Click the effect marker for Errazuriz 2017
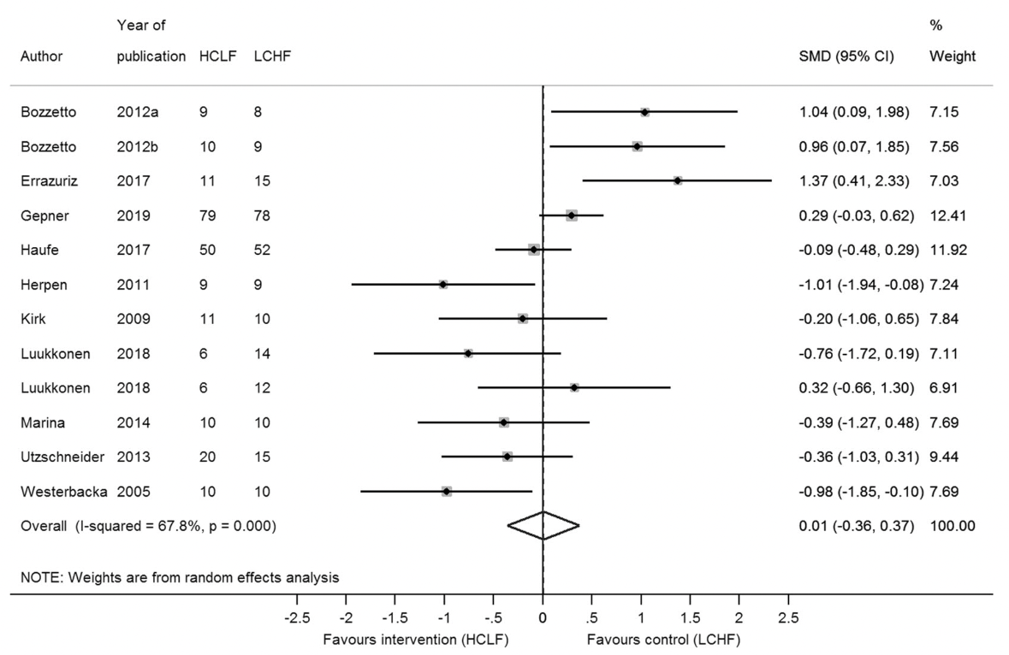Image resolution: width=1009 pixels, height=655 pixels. click(x=677, y=180)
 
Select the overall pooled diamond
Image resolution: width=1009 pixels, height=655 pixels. click(x=543, y=525)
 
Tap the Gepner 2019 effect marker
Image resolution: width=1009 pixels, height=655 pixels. click(x=572, y=215)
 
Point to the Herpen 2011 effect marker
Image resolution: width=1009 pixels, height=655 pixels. click(x=443, y=284)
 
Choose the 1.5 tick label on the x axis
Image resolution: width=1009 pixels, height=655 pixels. click(x=690, y=617)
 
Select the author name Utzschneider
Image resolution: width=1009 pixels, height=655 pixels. click(x=62, y=457)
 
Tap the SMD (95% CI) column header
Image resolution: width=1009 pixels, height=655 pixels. click(x=846, y=57)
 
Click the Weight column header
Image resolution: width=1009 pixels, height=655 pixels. click(x=952, y=57)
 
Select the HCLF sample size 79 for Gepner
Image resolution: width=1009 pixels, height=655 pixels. click(x=206, y=215)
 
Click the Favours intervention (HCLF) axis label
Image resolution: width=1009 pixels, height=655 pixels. click(x=415, y=639)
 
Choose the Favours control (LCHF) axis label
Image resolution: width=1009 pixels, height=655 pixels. click(x=663, y=639)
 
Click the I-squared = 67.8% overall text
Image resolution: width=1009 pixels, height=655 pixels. click(x=180, y=525)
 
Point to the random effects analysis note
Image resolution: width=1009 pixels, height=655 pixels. click(x=179, y=577)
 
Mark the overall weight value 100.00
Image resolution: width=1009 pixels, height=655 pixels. click(x=952, y=525)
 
